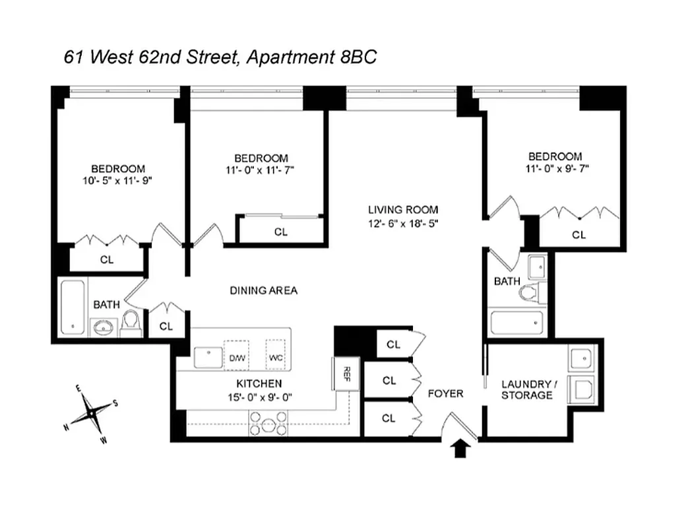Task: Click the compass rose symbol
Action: click(x=91, y=414)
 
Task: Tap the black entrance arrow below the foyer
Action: click(x=461, y=449)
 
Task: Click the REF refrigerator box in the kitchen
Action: click(x=344, y=374)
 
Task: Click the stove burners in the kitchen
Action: click(x=268, y=422)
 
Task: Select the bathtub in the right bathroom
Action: click(x=518, y=324)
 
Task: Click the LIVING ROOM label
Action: click(x=403, y=210)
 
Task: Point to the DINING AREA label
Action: click(x=263, y=290)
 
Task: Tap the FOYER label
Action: click(x=445, y=393)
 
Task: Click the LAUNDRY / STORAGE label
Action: click(x=526, y=389)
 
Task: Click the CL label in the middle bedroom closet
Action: click(x=281, y=232)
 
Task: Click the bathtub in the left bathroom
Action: click(x=72, y=307)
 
